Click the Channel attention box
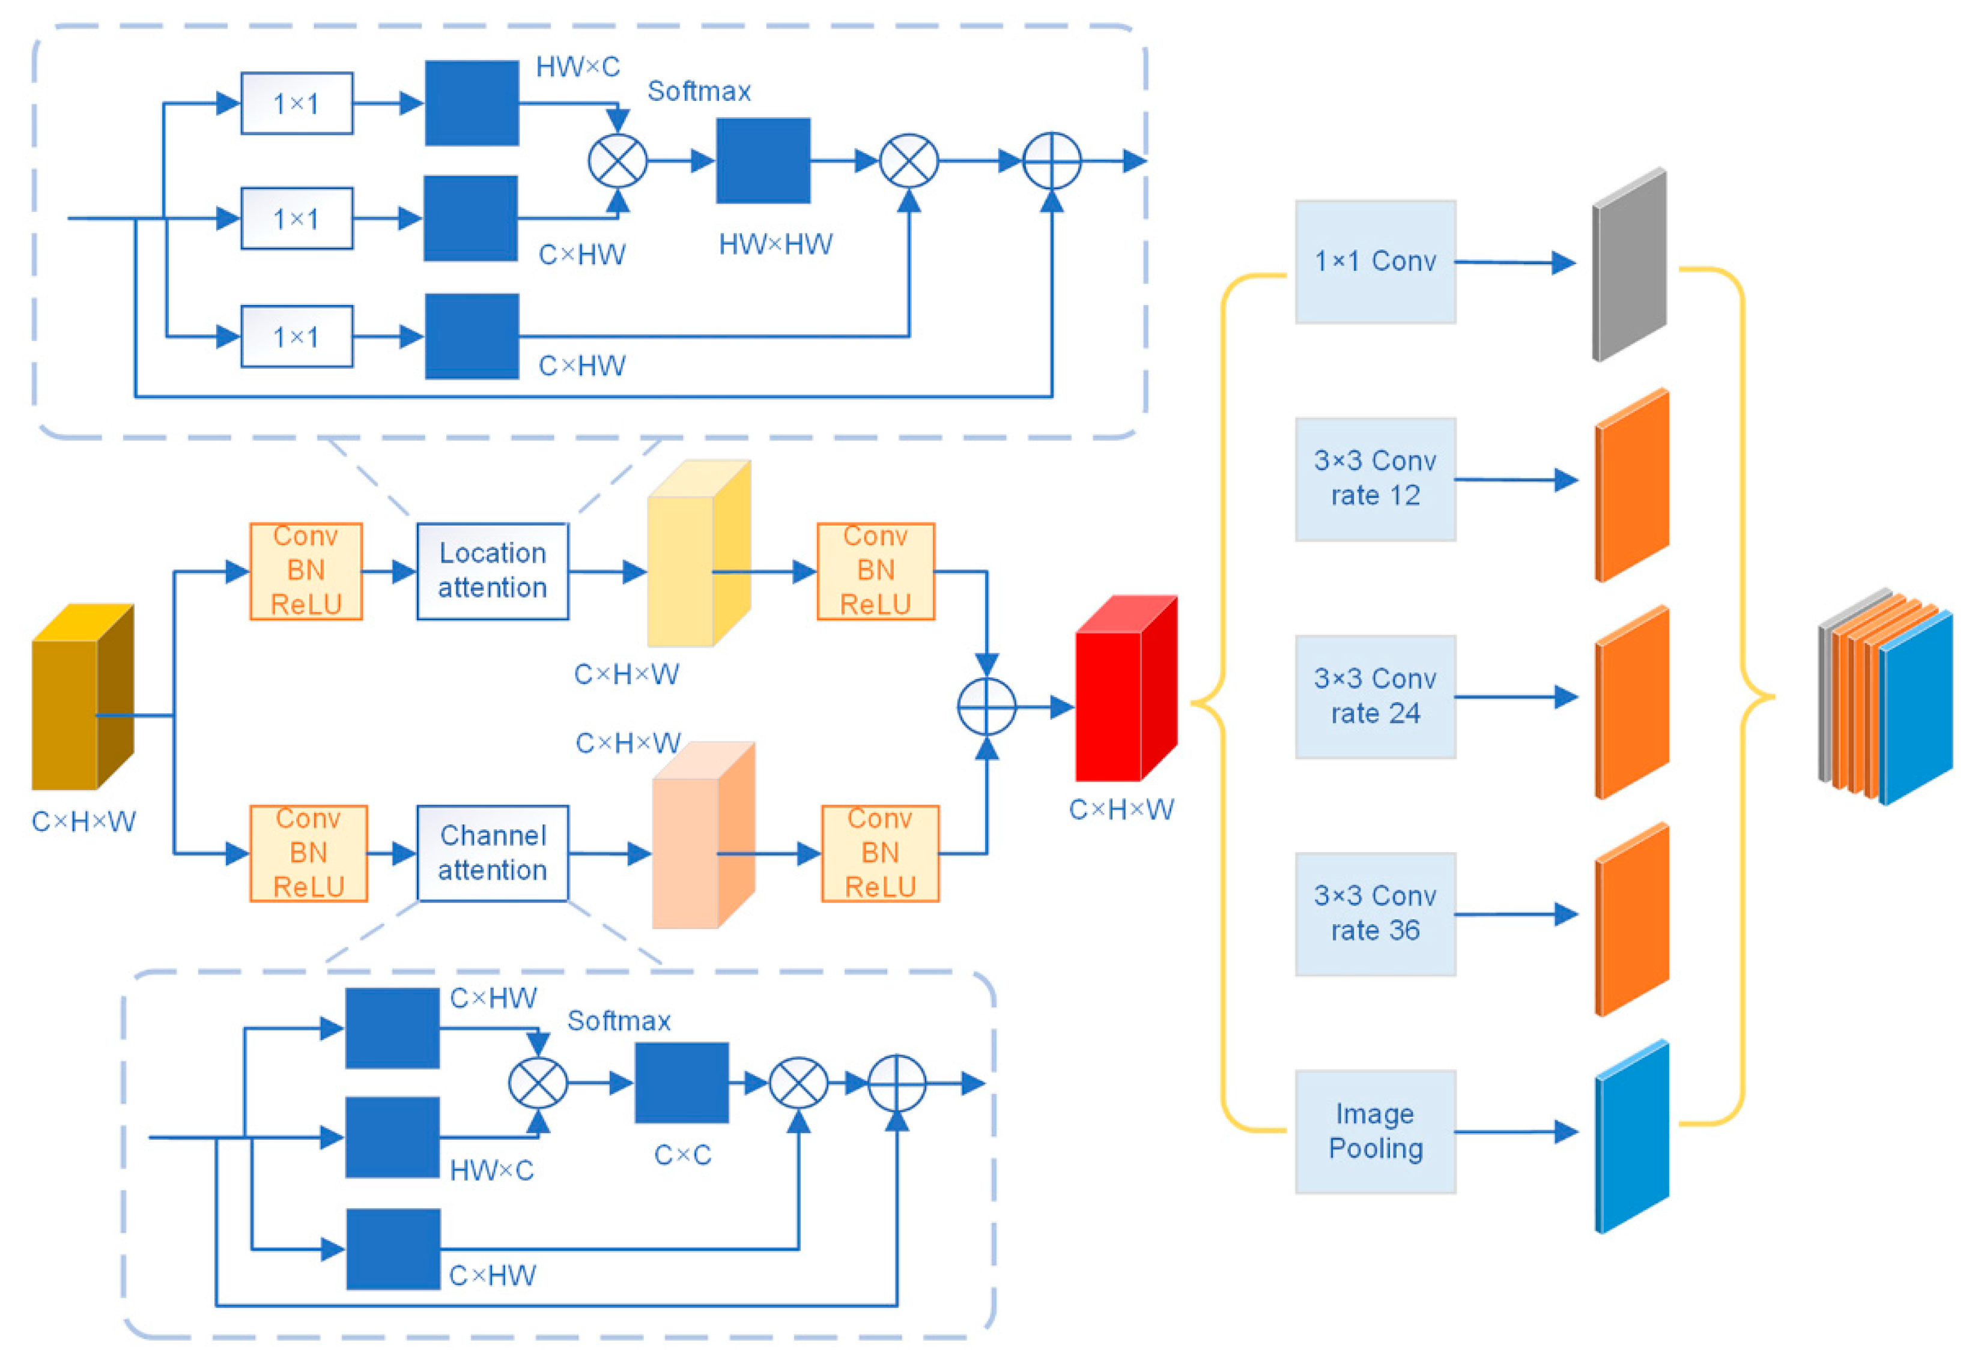(493, 853)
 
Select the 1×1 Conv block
(1374, 262)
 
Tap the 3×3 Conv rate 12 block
(1374, 479)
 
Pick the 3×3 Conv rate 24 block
(1374, 697)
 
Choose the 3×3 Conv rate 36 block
(1374, 914)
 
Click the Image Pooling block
(1374, 1132)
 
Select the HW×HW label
(775, 245)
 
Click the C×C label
(682, 1155)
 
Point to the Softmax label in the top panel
(699, 91)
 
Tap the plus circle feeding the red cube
(986, 707)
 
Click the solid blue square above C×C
(681, 1083)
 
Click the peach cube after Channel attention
(701, 838)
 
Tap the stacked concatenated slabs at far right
(1884, 697)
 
